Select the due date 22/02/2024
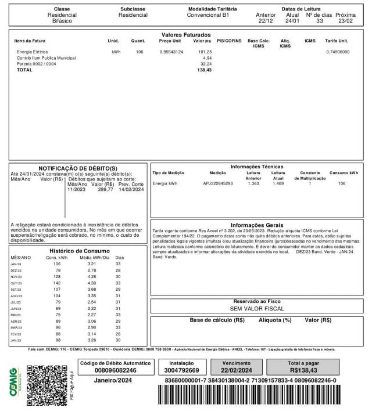237,370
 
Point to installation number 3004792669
181,370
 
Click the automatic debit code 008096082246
115,370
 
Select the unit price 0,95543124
171,52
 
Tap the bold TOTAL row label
25,70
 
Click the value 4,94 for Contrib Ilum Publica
208,58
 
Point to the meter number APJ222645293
218,183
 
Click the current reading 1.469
278,183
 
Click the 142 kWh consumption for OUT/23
57,283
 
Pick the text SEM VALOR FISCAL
257,309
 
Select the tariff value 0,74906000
337,52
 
